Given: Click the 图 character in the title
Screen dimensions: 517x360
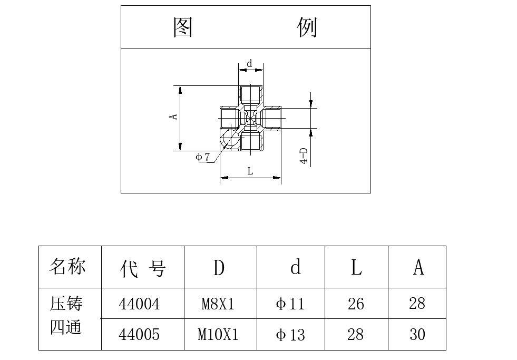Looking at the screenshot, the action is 183,27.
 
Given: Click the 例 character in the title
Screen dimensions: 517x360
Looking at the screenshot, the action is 307,27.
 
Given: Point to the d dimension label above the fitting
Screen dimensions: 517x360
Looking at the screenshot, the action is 250,63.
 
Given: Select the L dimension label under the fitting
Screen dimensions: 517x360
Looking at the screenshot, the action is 250,171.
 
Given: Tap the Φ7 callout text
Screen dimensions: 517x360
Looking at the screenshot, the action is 202,157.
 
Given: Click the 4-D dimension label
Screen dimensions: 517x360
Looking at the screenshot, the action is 304,155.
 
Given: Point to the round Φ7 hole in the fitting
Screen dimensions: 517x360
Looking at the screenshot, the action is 230,138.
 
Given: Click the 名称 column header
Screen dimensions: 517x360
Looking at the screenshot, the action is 67,266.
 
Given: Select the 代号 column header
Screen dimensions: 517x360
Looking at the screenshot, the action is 142,268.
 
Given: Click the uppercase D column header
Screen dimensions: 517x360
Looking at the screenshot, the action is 219,267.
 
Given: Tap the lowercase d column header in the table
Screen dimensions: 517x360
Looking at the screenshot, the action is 296,266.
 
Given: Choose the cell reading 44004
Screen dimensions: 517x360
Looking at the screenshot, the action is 139,304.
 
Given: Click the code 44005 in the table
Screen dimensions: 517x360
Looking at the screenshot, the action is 139,334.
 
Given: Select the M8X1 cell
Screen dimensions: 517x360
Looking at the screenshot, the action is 218,304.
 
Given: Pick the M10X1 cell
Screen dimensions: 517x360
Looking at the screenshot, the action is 218,334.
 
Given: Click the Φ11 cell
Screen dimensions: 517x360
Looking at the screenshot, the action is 290,304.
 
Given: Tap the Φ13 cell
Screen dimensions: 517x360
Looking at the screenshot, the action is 290,335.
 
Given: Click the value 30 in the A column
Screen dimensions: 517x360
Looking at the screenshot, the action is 417,334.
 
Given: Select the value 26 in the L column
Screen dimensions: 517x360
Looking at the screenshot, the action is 356,304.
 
